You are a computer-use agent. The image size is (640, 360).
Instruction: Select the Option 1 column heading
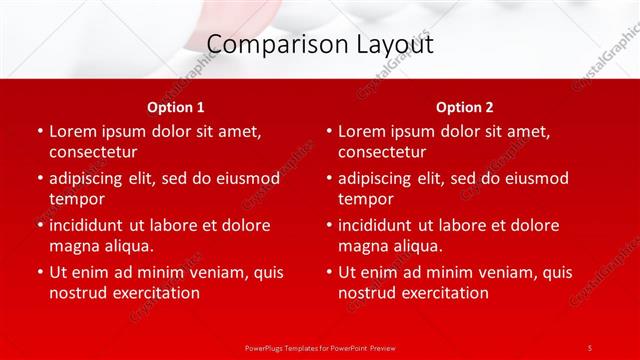click(x=176, y=107)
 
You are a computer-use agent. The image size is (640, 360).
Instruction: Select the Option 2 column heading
click(x=465, y=107)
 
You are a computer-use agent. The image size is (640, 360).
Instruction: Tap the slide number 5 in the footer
click(x=590, y=347)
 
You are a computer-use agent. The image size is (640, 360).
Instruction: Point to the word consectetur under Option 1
click(x=93, y=152)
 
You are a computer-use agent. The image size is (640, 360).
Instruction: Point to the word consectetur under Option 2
click(x=382, y=152)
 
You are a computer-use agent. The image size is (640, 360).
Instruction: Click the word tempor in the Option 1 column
click(x=76, y=199)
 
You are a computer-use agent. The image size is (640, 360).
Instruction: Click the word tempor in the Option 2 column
click(x=365, y=199)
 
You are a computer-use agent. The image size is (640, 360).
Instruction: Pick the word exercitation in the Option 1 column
click(x=154, y=293)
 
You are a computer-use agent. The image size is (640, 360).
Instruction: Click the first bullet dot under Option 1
click(x=39, y=131)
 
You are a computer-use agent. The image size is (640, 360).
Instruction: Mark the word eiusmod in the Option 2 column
click(x=536, y=178)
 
